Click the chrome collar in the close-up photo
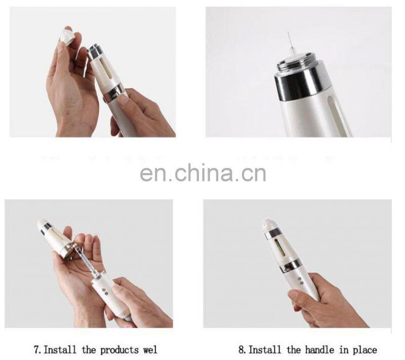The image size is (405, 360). pyautogui.click(x=298, y=84)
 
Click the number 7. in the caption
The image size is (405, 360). pyautogui.click(x=38, y=349)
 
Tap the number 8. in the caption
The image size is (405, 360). pyautogui.click(x=242, y=349)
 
